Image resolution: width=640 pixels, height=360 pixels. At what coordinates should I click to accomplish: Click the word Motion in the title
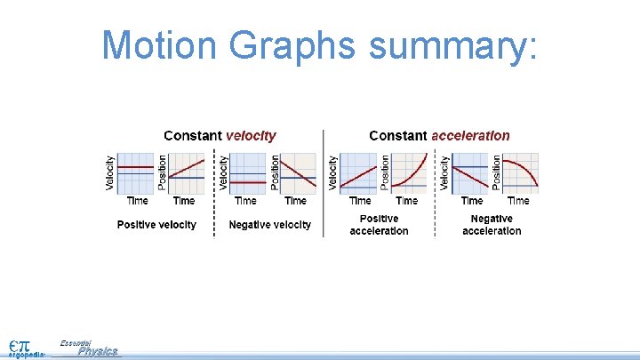[x=156, y=44]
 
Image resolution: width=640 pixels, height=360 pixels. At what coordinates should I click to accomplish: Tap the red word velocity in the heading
[x=251, y=136]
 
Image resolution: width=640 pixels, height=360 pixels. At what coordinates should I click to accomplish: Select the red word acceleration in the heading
[x=470, y=136]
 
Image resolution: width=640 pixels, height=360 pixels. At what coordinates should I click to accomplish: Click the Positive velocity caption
[x=156, y=225]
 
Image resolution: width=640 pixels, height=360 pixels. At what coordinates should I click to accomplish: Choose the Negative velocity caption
[x=270, y=225]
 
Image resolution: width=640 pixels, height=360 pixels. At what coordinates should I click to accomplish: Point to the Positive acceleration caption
[x=379, y=225]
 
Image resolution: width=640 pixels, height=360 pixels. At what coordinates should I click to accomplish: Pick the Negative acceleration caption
[x=492, y=225]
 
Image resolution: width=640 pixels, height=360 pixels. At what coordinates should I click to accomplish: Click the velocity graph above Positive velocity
[x=135, y=173]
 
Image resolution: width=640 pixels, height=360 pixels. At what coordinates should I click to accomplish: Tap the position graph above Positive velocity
[x=187, y=173]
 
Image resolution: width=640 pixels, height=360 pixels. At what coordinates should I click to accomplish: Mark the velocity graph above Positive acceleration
[x=359, y=173]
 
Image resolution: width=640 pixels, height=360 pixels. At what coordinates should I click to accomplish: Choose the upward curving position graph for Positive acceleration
[x=410, y=173]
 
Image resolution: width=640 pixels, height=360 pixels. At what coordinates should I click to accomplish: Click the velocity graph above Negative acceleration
[x=471, y=173]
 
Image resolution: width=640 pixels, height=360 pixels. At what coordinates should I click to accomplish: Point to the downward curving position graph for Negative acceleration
[x=522, y=173]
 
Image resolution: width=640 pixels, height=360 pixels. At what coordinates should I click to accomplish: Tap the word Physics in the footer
[x=98, y=352]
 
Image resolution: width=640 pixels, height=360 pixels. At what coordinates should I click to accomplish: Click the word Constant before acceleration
[x=397, y=136]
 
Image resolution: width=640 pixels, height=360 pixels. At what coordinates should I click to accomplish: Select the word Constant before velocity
[x=192, y=136]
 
